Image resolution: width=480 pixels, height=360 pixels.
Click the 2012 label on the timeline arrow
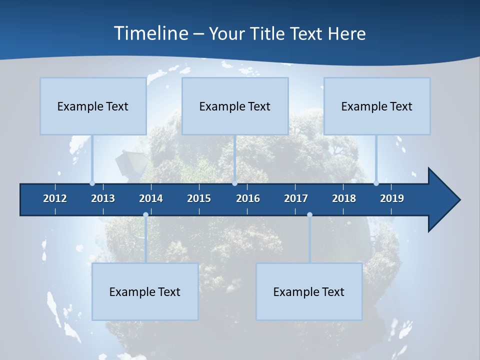click(x=55, y=198)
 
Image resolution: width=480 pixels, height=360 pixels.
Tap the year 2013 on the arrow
click(x=103, y=198)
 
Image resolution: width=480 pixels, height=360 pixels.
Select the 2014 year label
click(x=151, y=198)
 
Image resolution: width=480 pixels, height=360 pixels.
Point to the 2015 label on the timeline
click(x=199, y=198)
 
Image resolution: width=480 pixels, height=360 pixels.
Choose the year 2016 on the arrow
click(x=248, y=198)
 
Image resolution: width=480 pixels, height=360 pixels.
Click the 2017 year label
click(x=296, y=198)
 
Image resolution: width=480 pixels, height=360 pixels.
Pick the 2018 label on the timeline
click(x=344, y=198)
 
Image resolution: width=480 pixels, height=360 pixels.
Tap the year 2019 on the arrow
click(x=392, y=198)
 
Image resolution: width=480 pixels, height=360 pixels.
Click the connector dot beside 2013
click(x=92, y=183)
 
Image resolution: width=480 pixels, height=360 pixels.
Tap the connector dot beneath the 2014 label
click(x=145, y=215)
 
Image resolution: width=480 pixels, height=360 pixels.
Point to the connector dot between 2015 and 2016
click(x=234, y=183)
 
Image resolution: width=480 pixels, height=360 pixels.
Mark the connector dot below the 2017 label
click(x=309, y=215)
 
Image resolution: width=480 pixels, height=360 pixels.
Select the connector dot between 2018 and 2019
click(x=376, y=183)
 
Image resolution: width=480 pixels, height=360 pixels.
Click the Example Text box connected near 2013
click(x=93, y=106)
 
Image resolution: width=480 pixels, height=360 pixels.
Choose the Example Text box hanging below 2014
click(x=145, y=291)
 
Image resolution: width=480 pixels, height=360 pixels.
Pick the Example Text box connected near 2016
click(x=235, y=106)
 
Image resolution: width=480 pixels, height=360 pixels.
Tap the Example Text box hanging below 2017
click(x=309, y=291)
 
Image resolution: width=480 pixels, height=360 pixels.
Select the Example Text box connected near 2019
click(x=377, y=106)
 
